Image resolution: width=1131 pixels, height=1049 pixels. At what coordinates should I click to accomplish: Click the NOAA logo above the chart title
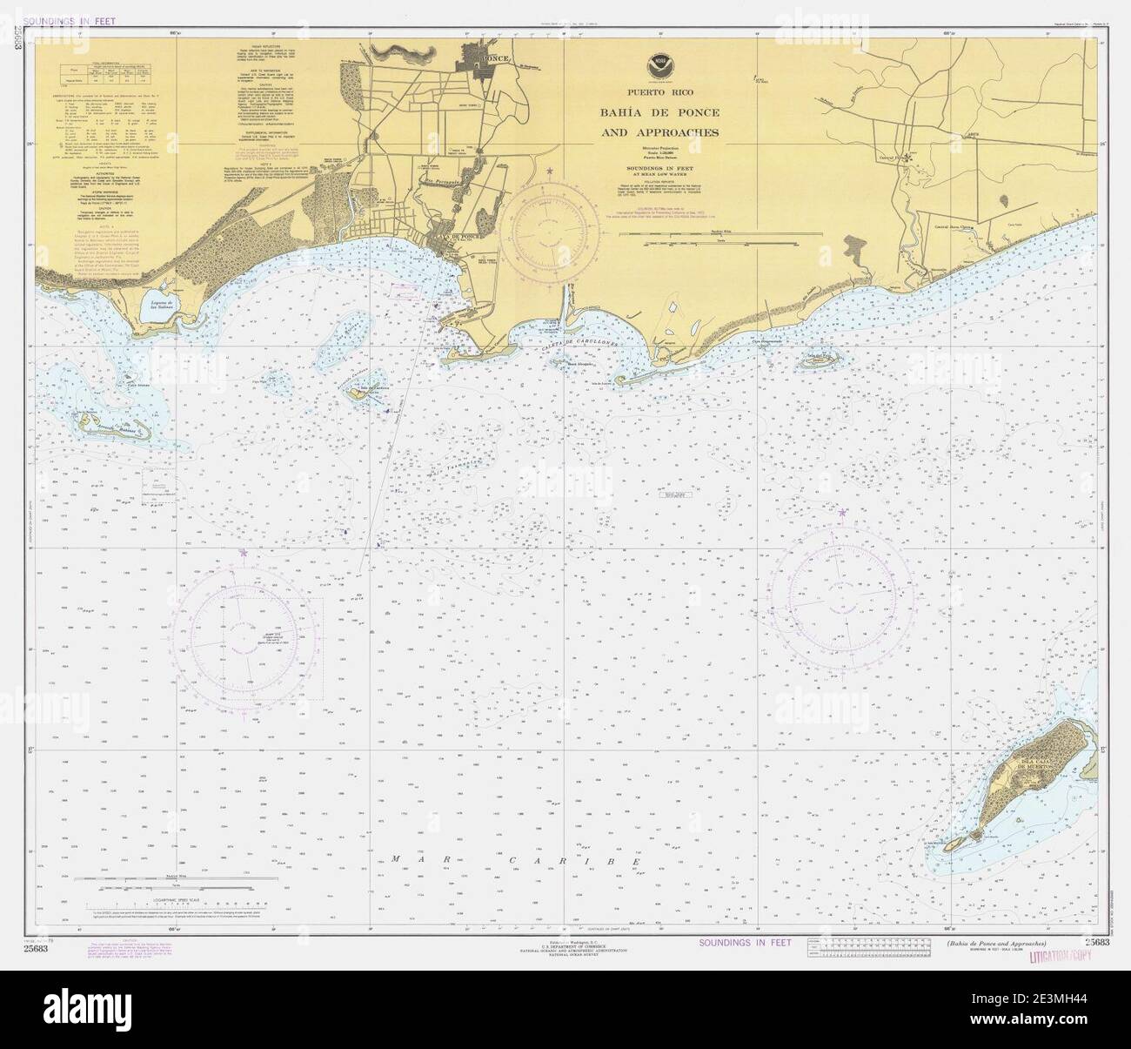(658, 64)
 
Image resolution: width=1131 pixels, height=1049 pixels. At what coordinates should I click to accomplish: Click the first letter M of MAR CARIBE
(395, 859)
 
